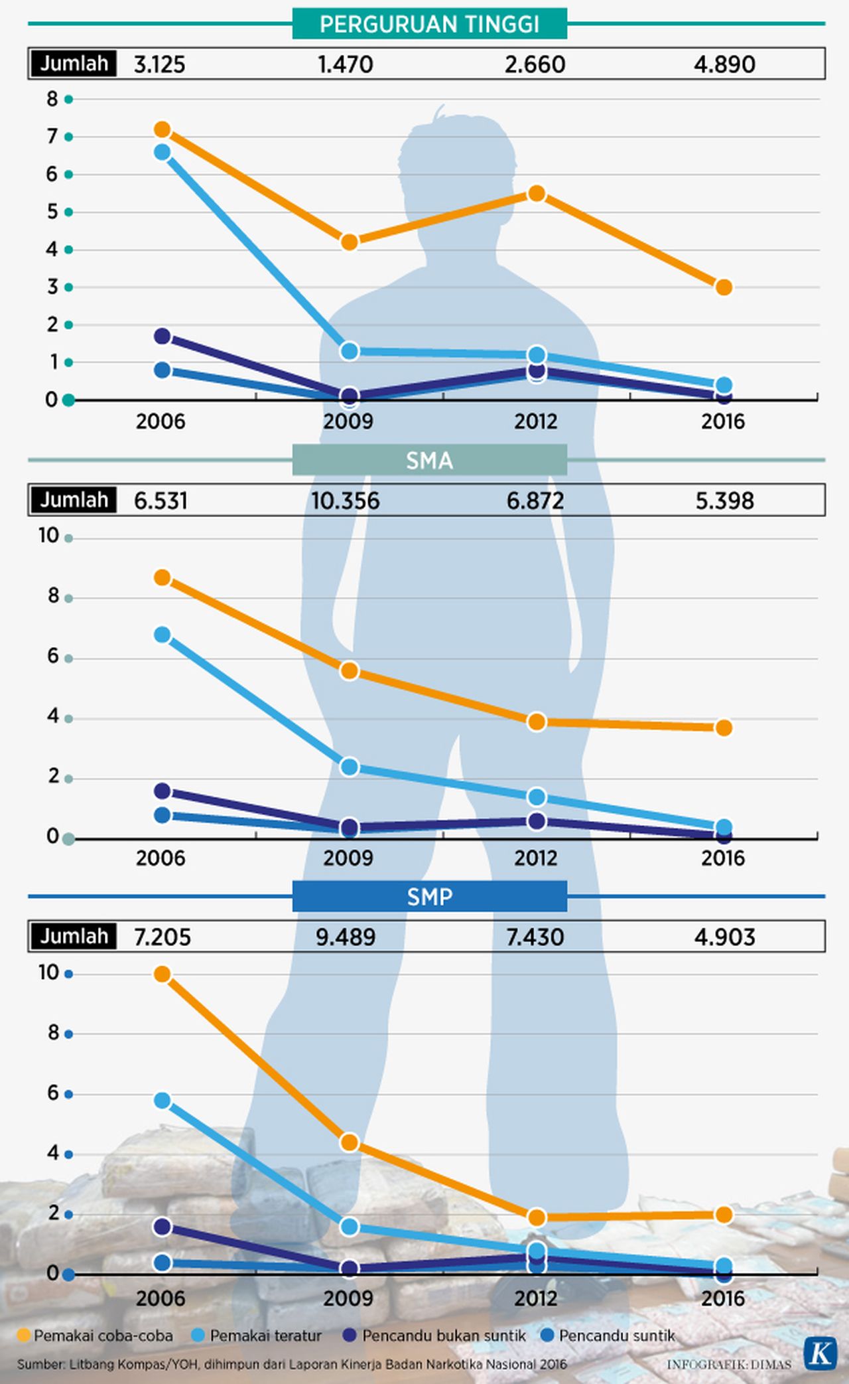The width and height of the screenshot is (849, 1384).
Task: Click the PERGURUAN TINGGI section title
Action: [429, 25]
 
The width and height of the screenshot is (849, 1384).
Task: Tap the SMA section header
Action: [429, 460]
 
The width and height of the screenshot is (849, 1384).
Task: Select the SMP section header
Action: [429, 897]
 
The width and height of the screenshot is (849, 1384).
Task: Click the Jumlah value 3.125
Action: [159, 64]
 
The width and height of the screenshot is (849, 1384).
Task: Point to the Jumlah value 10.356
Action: [345, 500]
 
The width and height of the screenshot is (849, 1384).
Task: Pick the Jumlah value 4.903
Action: [724, 937]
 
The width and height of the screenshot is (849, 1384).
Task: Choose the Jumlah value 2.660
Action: [535, 64]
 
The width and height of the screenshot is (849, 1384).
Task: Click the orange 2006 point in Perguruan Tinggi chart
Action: [162, 129]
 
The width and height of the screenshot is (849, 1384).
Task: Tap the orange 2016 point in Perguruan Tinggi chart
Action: [724, 287]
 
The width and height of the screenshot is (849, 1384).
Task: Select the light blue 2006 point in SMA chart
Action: [162, 635]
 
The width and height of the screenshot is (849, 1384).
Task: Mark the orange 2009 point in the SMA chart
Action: [350, 670]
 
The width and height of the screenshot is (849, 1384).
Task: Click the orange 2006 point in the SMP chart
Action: [162, 974]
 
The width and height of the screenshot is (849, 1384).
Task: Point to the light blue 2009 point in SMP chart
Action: [350, 1227]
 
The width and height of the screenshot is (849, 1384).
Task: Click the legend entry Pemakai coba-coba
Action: [96, 1336]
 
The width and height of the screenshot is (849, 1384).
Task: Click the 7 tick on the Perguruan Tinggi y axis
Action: [52, 137]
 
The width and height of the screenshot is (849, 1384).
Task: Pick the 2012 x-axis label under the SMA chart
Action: [535, 858]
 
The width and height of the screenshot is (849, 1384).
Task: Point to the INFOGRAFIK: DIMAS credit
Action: [728, 1365]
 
